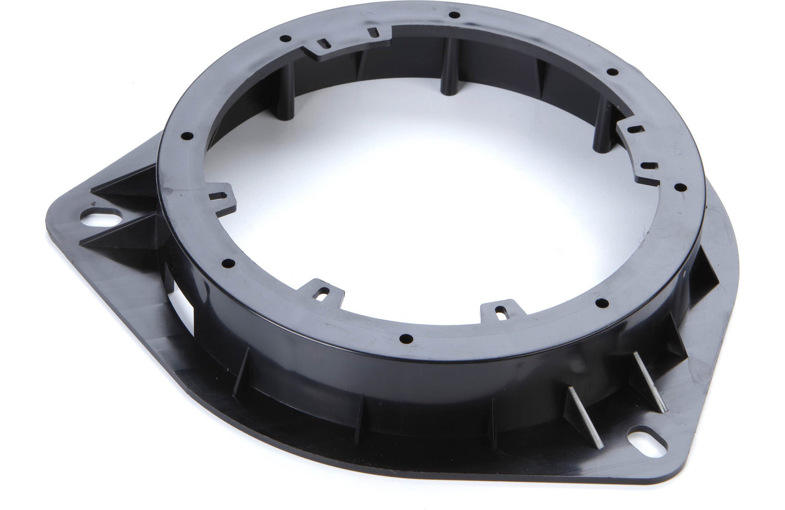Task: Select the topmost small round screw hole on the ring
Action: pyautogui.click(x=454, y=15)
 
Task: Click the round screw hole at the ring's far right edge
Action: pyautogui.click(x=680, y=187)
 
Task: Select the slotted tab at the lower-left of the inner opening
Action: pyautogui.click(x=321, y=292)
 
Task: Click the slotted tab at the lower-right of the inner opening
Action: pyautogui.click(x=501, y=310)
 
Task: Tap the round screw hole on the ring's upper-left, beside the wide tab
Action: pyautogui.click(x=285, y=38)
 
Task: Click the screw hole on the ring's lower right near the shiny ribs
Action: pyautogui.click(x=602, y=303)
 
